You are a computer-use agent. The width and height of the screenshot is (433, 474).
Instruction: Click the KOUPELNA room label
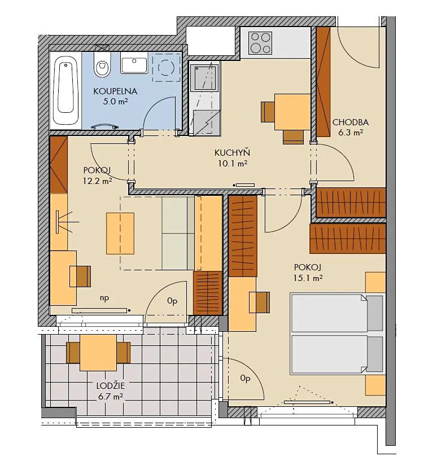[115, 91]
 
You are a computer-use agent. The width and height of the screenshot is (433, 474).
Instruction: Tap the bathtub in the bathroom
[66, 90]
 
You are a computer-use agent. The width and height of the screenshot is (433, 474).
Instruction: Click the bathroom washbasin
[134, 63]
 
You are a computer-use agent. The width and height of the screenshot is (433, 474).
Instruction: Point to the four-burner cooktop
[260, 43]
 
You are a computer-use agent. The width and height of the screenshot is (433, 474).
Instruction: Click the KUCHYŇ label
[232, 153]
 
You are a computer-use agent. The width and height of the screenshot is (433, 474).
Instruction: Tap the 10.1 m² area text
[232, 164]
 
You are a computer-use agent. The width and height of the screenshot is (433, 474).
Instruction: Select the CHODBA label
[351, 122]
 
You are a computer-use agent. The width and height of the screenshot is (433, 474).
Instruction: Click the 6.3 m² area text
[351, 133]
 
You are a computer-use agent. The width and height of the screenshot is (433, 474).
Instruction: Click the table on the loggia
[98, 353]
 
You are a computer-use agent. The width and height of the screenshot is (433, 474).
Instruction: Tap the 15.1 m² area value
[308, 278]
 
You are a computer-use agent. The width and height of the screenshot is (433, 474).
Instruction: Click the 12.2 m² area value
[97, 181]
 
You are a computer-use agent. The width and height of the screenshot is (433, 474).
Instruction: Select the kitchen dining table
[292, 112]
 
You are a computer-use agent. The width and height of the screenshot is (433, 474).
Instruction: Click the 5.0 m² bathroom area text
[115, 102]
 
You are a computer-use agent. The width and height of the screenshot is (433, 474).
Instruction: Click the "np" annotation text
[104, 298]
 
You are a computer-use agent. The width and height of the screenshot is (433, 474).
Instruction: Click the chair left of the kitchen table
[268, 112]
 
